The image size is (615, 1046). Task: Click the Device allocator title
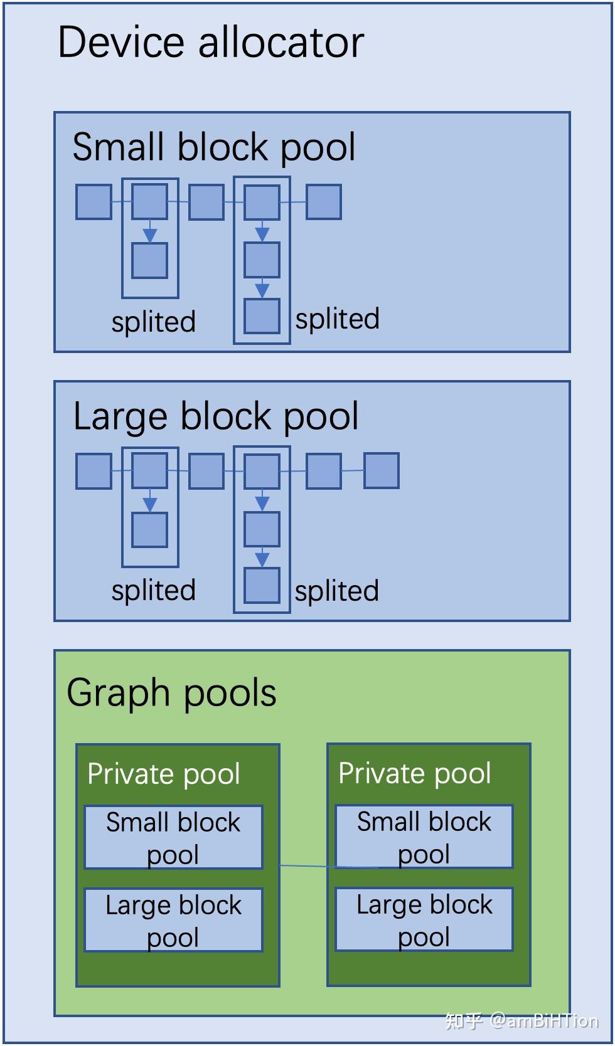pos(211,43)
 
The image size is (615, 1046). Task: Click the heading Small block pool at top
pos(214,147)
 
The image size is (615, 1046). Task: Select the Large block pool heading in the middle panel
pos(216,416)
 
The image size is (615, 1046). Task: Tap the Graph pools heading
pos(171,693)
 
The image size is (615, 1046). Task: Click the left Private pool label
pos(164,774)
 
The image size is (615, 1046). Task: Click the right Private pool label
pos(415,773)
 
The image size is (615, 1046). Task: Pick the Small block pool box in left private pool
pos(173,837)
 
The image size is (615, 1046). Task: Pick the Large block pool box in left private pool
pos(173,920)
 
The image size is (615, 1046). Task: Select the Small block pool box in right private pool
pos(424,837)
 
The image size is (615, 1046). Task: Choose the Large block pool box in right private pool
pos(424,919)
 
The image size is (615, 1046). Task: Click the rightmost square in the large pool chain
pos(382,471)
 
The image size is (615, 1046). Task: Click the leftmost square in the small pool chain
pos(94,202)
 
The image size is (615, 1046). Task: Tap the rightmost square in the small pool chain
pos(324,202)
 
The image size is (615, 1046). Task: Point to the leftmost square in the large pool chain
pos(94,471)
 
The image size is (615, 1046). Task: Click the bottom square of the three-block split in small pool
pos(262,317)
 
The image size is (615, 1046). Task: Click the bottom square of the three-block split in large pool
pos(262,586)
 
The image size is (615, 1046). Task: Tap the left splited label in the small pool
pos(154,322)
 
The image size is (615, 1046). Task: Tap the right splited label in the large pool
pos(337,591)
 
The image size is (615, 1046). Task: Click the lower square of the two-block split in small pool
pos(150,261)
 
